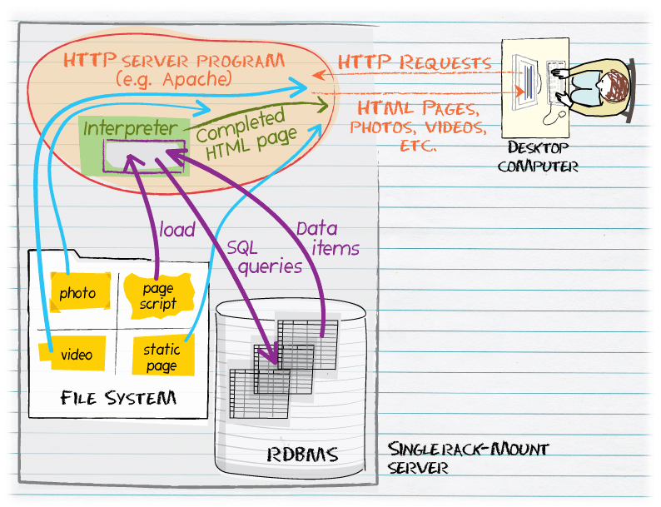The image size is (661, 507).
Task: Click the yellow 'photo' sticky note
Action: pos(77,292)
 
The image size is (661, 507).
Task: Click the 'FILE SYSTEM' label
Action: pos(118,398)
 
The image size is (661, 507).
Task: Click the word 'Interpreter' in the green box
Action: pos(130,129)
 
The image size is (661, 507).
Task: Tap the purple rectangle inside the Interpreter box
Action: pos(143,156)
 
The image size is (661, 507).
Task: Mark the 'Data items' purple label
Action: pos(328,238)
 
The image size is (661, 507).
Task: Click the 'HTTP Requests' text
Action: pos(414,62)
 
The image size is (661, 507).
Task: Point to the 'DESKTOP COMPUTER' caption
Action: pos(538,157)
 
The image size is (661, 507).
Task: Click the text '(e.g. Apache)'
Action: pos(174,79)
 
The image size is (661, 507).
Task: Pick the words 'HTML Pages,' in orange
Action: pos(416,108)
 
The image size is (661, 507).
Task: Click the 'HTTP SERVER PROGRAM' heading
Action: pos(174,61)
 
